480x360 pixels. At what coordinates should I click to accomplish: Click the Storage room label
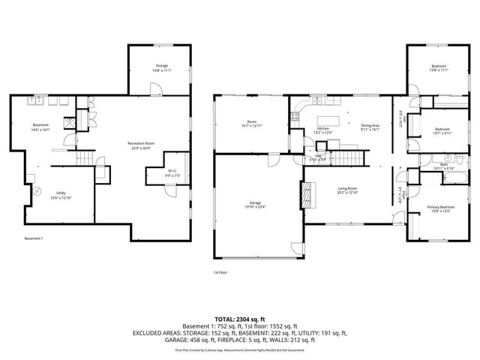(162, 67)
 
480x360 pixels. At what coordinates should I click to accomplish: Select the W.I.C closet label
(172, 172)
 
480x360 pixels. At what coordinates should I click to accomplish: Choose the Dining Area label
(370, 127)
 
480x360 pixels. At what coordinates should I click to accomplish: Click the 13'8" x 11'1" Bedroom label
(439, 68)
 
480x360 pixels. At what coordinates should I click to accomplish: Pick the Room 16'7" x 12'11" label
(252, 124)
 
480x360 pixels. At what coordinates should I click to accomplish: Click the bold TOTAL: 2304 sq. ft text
(239, 319)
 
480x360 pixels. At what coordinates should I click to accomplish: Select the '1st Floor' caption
(221, 273)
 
